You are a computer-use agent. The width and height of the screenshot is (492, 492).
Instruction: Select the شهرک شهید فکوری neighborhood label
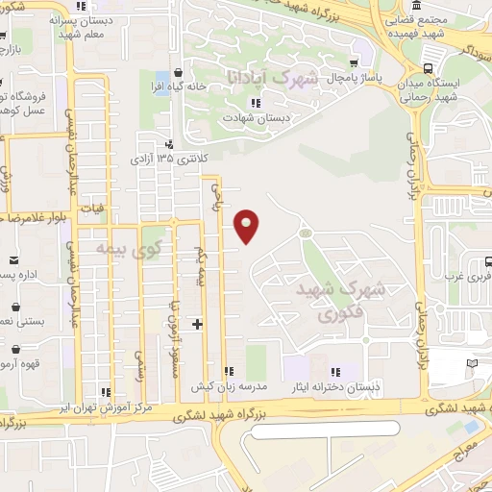click(341, 299)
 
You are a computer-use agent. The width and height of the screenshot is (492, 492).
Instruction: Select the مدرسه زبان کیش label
click(228, 386)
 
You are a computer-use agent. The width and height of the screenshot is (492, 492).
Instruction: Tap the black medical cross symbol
click(197, 324)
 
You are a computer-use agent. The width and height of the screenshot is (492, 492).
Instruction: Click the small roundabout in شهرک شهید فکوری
click(306, 232)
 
